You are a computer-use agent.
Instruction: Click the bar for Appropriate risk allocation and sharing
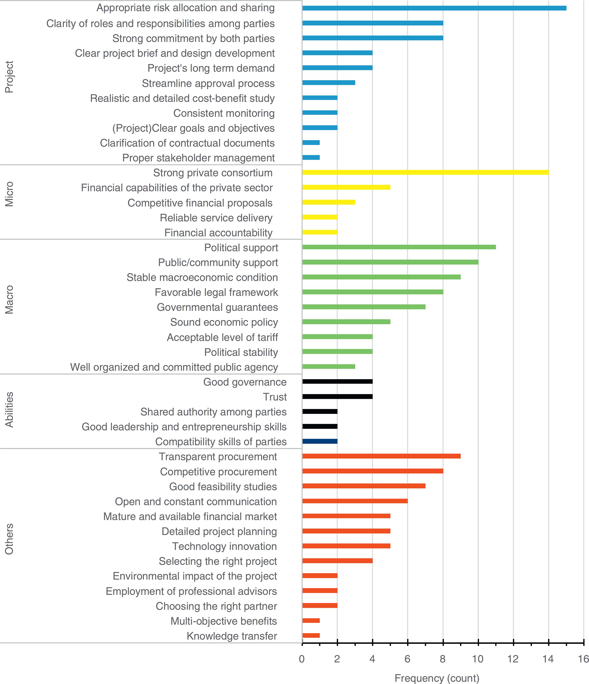[x=434, y=8]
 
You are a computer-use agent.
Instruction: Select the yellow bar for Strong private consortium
[x=425, y=172]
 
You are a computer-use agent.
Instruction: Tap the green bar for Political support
[x=399, y=247]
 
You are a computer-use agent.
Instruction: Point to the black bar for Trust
[x=337, y=396]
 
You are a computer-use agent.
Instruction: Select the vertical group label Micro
[x=9, y=194]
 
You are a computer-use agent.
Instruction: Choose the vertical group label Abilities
[x=9, y=409]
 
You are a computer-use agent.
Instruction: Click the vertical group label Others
[x=9, y=539]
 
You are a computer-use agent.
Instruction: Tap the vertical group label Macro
[x=9, y=299]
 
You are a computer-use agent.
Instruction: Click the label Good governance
[x=245, y=382]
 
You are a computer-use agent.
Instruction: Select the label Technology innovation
[x=224, y=546]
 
